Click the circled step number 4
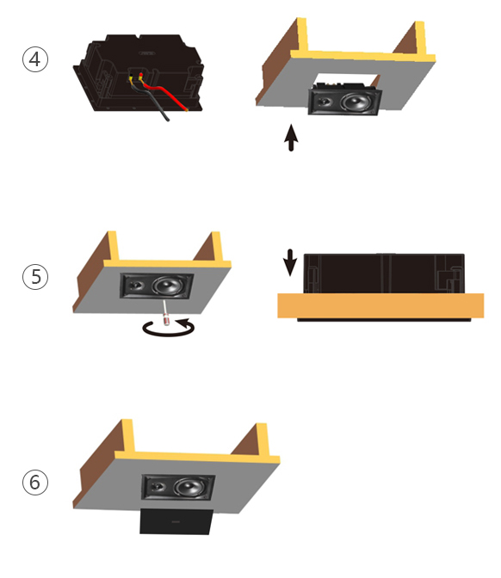point(35,59)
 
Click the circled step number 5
point(35,276)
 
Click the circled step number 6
point(35,483)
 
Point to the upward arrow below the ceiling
point(291,138)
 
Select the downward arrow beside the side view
point(290,262)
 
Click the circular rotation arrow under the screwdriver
point(169,329)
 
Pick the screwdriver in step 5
point(165,312)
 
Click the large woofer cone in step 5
point(168,286)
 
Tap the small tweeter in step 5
point(134,285)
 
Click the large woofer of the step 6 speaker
point(189,488)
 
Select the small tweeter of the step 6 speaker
point(157,486)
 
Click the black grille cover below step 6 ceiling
point(176,521)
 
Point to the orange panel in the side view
point(380,305)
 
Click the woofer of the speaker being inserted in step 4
point(356,102)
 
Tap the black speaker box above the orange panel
point(384,274)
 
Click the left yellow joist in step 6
point(127,436)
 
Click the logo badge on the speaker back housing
point(147,53)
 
